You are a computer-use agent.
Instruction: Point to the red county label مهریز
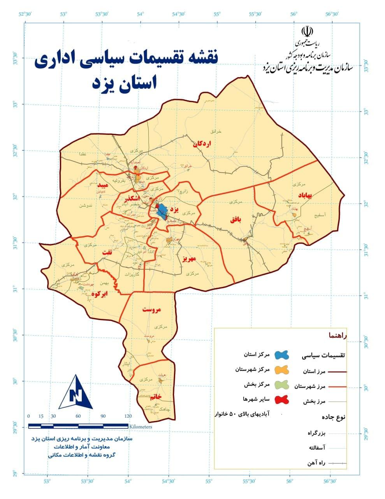tap(189, 258)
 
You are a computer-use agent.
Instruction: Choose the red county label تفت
tap(107, 253)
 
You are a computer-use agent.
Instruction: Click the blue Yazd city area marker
tap(162, 211)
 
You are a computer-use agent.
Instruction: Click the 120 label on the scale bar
tap(128, 416)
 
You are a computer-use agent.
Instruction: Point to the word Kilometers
tap(141, 427)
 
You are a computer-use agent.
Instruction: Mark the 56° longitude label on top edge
tap(294, 14)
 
